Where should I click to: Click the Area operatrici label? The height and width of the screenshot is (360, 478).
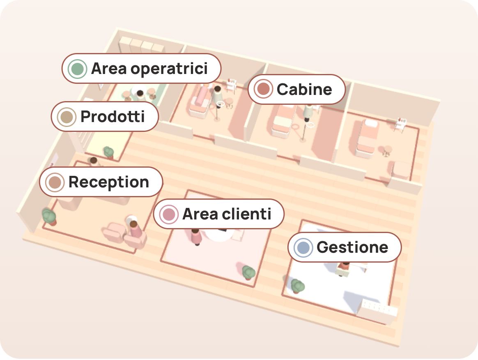(141, 68)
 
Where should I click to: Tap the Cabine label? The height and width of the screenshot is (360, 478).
(296, 90)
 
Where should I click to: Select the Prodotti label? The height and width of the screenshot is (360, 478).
(105, 117)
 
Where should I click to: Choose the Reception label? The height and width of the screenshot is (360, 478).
(101, 182)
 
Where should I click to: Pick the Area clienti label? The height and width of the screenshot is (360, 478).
(219, 214)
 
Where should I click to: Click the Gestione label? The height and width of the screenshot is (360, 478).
(345, 247)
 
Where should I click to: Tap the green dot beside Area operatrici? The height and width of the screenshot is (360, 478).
(78, 69)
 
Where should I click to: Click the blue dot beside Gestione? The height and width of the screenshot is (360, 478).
(303, 247)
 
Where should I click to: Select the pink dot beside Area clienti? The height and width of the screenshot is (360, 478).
(169, 214)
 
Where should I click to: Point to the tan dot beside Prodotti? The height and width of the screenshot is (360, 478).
(67, 117)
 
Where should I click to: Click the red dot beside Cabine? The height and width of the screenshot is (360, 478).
(263, 89)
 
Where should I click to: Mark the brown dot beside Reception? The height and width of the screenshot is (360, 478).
(55, 182)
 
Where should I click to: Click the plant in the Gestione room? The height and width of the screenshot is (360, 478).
(297, 286)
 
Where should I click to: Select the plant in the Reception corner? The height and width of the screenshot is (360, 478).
(49, 217)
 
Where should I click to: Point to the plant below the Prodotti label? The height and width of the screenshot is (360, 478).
(108, 152)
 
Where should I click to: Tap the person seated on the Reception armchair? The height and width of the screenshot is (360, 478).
(134, 229)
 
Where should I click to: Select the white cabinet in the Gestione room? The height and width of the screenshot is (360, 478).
(378, 311)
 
